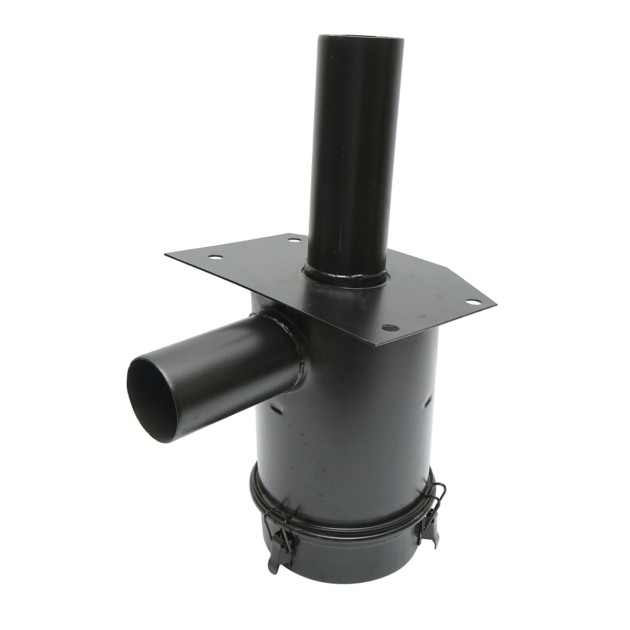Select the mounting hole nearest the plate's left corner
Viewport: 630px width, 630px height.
coord(214,258)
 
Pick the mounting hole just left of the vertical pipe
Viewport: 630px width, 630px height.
coord(295,239)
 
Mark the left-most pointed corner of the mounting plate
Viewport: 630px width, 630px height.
coord(166,255)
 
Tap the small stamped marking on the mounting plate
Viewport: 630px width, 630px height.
coord(420,317)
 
